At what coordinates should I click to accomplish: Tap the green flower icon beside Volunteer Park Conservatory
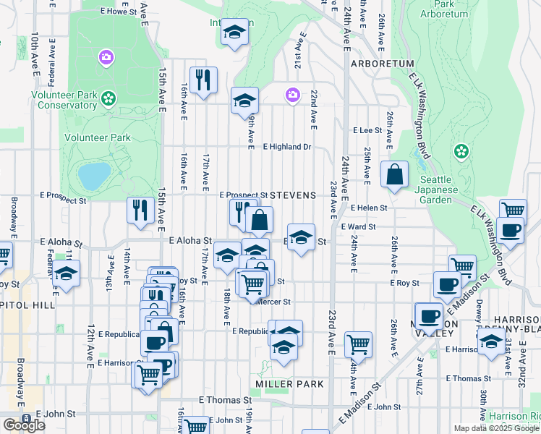[108, 97]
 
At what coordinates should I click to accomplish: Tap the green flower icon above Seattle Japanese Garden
[460, 152]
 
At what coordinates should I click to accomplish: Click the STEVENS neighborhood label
[294, 195]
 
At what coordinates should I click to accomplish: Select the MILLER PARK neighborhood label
[283, 383]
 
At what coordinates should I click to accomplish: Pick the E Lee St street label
[367, 130]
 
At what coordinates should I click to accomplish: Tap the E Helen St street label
[369, 208]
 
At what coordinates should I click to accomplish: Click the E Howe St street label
[119, 12]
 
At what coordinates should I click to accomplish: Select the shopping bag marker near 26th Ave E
[395, 174]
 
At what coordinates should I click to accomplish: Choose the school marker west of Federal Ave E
[67, 273]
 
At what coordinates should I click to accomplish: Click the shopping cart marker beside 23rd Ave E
[358, 345]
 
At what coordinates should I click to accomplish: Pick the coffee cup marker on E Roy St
[447, 284]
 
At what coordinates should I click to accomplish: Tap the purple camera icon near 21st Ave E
[293, 95]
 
